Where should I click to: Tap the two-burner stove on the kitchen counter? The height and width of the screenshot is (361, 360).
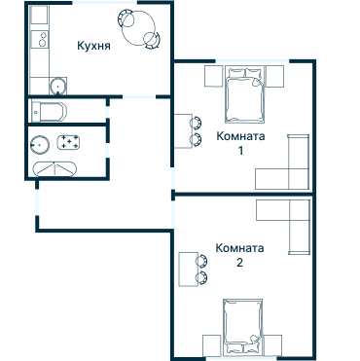(x=41, y=42)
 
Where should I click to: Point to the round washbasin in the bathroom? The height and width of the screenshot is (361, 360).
(x=41, y=145)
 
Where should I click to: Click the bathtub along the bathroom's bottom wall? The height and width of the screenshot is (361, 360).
(x=56, y=168)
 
